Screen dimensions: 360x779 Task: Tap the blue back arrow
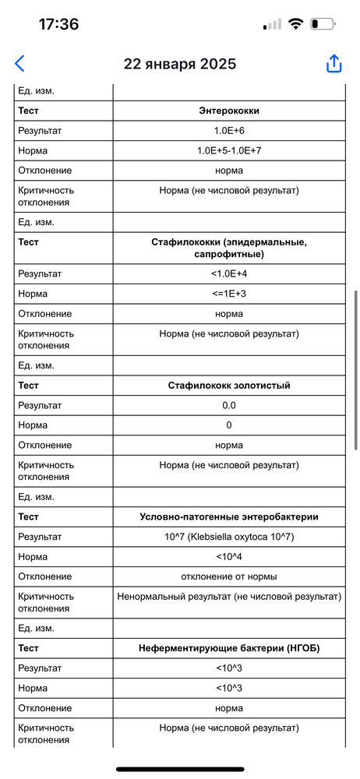(20, 64)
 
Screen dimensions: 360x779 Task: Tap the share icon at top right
(334, 64)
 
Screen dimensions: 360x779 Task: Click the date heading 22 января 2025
(180, 64)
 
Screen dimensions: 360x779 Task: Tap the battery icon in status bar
(323, 24)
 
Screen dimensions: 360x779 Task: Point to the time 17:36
(58, 24)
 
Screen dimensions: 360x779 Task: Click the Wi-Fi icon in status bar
(295, 24)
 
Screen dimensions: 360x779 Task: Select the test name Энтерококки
(228, 111)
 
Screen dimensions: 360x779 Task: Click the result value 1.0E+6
(228, 131)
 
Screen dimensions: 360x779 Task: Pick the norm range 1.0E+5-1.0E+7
(228, 150)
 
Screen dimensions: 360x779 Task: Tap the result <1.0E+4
(228, 274)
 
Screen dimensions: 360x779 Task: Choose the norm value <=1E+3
(228, 294)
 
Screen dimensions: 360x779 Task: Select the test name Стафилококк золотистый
(228, 386)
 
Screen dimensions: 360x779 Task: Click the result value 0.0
(228, 405)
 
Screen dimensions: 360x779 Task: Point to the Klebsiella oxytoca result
(228, 537)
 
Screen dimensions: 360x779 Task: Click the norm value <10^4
(228, 557)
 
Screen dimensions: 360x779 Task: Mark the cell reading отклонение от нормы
(228, 576)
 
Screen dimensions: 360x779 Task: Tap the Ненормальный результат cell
(228, 597)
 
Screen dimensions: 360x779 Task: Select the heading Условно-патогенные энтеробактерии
(228, 517)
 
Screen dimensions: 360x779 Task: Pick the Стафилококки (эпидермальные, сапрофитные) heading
(228, 248)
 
